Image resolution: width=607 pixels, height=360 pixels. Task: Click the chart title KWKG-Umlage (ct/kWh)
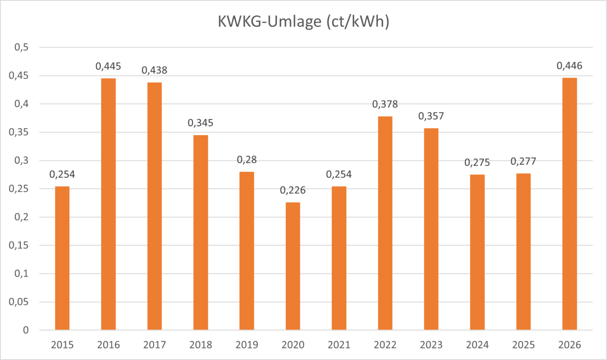pyautogui.click(x=303, y=22)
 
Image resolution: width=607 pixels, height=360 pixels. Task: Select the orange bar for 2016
pyautogui.click(x=108, y=204)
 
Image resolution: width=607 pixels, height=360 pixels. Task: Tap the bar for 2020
pyautogui.click(x=293, y=266)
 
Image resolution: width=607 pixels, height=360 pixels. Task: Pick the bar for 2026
pyautogui.click(x=570, y=204)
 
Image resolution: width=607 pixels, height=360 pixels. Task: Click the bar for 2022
pyautogui.click(x=385, y=223)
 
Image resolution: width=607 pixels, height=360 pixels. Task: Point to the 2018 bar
pyautogui.click(x=201, y=232)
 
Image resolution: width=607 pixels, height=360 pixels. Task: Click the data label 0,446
pyautogui.click(x=570, y=66)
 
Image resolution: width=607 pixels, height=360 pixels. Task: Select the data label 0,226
pyautogui.click(x=293, y=191)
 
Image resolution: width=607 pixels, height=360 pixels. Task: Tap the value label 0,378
pyautogui.click(x=385, y=104)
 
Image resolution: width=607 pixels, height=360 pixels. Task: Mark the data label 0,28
pyautogui.click(x=247, y=160)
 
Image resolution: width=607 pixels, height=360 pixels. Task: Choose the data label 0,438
pyautogui.click(x=155, y=70)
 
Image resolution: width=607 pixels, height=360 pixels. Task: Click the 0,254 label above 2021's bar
pyautogui.click(x=339, y=175)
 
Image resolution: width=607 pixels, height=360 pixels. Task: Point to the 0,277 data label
pyautogui.click(x=524, y=162)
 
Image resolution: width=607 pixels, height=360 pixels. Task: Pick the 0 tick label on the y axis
pyautogui.click(x=27, y=330)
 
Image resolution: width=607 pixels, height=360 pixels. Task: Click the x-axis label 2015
pyautogui.click(x=62, y=345)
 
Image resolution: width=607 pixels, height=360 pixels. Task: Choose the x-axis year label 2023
pyautogui.click(x=431, y=345)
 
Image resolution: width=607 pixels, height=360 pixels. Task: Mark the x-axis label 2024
pyautogui.click(x=478, y=345)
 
